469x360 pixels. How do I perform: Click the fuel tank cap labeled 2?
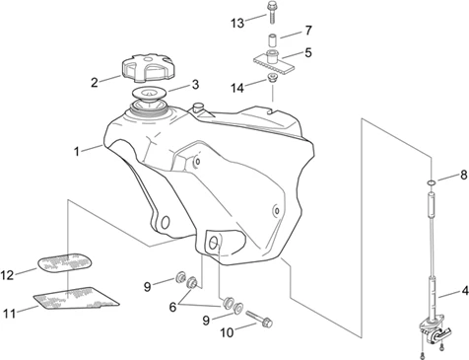[147, 67]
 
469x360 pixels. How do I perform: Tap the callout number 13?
[237, 24]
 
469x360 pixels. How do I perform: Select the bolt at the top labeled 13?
[271, 13]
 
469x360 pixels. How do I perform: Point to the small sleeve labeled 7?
[271, 39]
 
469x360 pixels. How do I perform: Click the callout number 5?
[307, 52]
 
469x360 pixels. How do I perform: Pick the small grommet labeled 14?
[272, 78]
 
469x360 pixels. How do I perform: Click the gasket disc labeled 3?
[149, 94]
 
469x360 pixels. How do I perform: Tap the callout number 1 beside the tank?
[77, 152]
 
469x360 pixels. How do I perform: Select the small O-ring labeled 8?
[432, 181]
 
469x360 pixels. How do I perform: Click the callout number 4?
[464, 291]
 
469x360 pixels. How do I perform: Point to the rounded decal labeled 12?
[64, 262]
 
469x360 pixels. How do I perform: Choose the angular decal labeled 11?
[76, 299]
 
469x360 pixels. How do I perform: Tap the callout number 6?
[172, 307]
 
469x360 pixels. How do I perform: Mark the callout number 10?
[227, 332]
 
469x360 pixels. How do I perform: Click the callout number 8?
[464, 176]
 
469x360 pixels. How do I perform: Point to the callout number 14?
[237, 88]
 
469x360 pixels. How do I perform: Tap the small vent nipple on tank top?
[198, 107]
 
